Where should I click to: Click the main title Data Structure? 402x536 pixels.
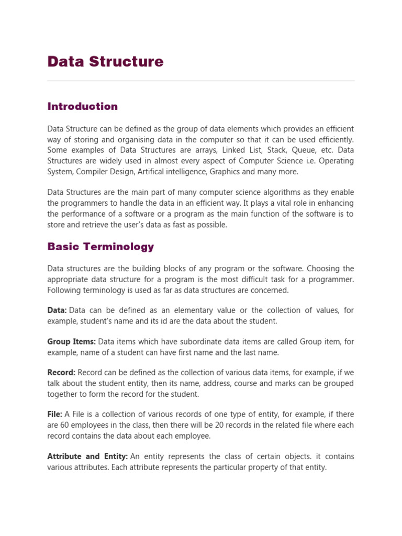click(105, 62)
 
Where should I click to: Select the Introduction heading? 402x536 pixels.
click(83, 107)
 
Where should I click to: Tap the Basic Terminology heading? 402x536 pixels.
click(100, 247)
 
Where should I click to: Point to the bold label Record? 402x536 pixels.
click(61, 373)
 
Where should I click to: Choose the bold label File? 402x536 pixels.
click(54, 414)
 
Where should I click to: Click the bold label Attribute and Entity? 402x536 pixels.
click(87, 456)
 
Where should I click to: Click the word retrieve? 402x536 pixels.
click(94, 225)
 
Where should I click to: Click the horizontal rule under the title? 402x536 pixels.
click(201, 81)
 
